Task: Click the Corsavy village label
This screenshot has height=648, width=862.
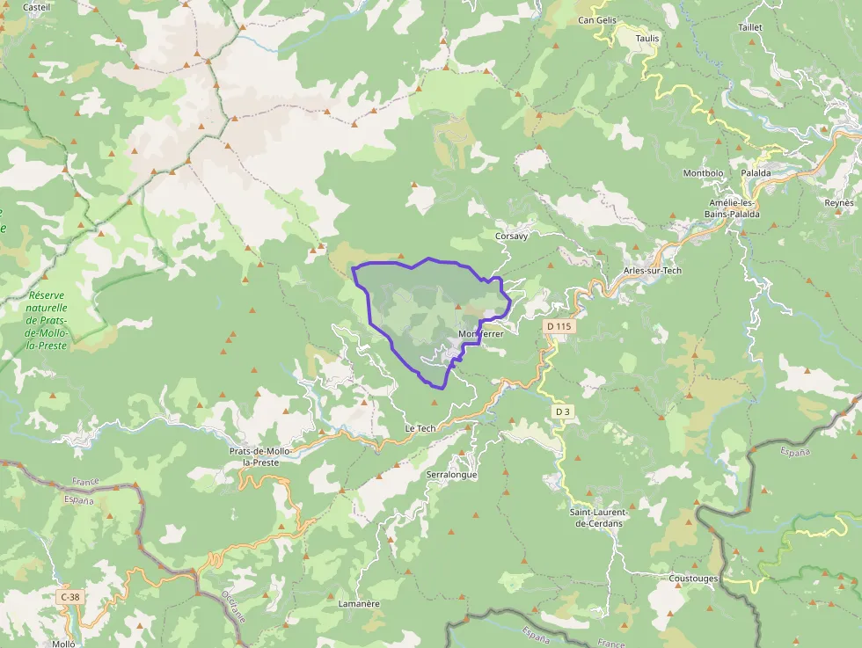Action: click(x=511, y=236)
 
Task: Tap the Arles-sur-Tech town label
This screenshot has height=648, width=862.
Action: click(x=652, y=270)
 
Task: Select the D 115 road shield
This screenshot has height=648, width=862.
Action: click(x=559, y=326)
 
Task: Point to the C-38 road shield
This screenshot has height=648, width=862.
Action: click(x=69, y=597)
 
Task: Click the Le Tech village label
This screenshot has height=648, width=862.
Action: click(x=420, y=428)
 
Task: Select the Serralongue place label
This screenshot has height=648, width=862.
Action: click(x=451, y=475)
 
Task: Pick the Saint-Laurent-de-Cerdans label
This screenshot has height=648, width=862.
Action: click(x=599, y=518)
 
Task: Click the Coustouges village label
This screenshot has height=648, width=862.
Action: click(x=693, y=579)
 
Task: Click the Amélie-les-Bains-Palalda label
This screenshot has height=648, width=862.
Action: click(x=734, y=208)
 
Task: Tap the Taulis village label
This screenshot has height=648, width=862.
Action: click(x=646, y=39)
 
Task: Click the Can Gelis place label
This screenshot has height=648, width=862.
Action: click(x=597, y=19)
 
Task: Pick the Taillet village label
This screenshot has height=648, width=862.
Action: click(x=750, y=27)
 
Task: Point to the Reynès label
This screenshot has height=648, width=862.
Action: click(x=839, y=203)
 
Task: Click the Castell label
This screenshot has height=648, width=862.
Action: click(x=36, y=7)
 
